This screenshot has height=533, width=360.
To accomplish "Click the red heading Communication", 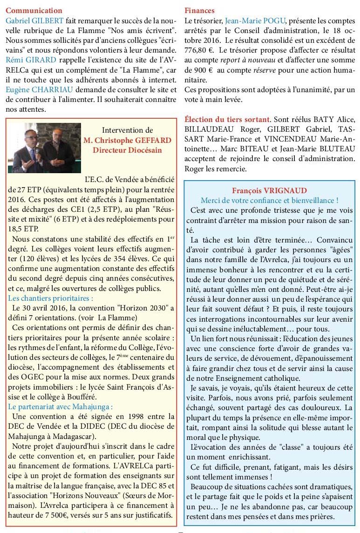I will click(x=33, y=10).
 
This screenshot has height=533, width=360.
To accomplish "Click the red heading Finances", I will click(x=200, y=10).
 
